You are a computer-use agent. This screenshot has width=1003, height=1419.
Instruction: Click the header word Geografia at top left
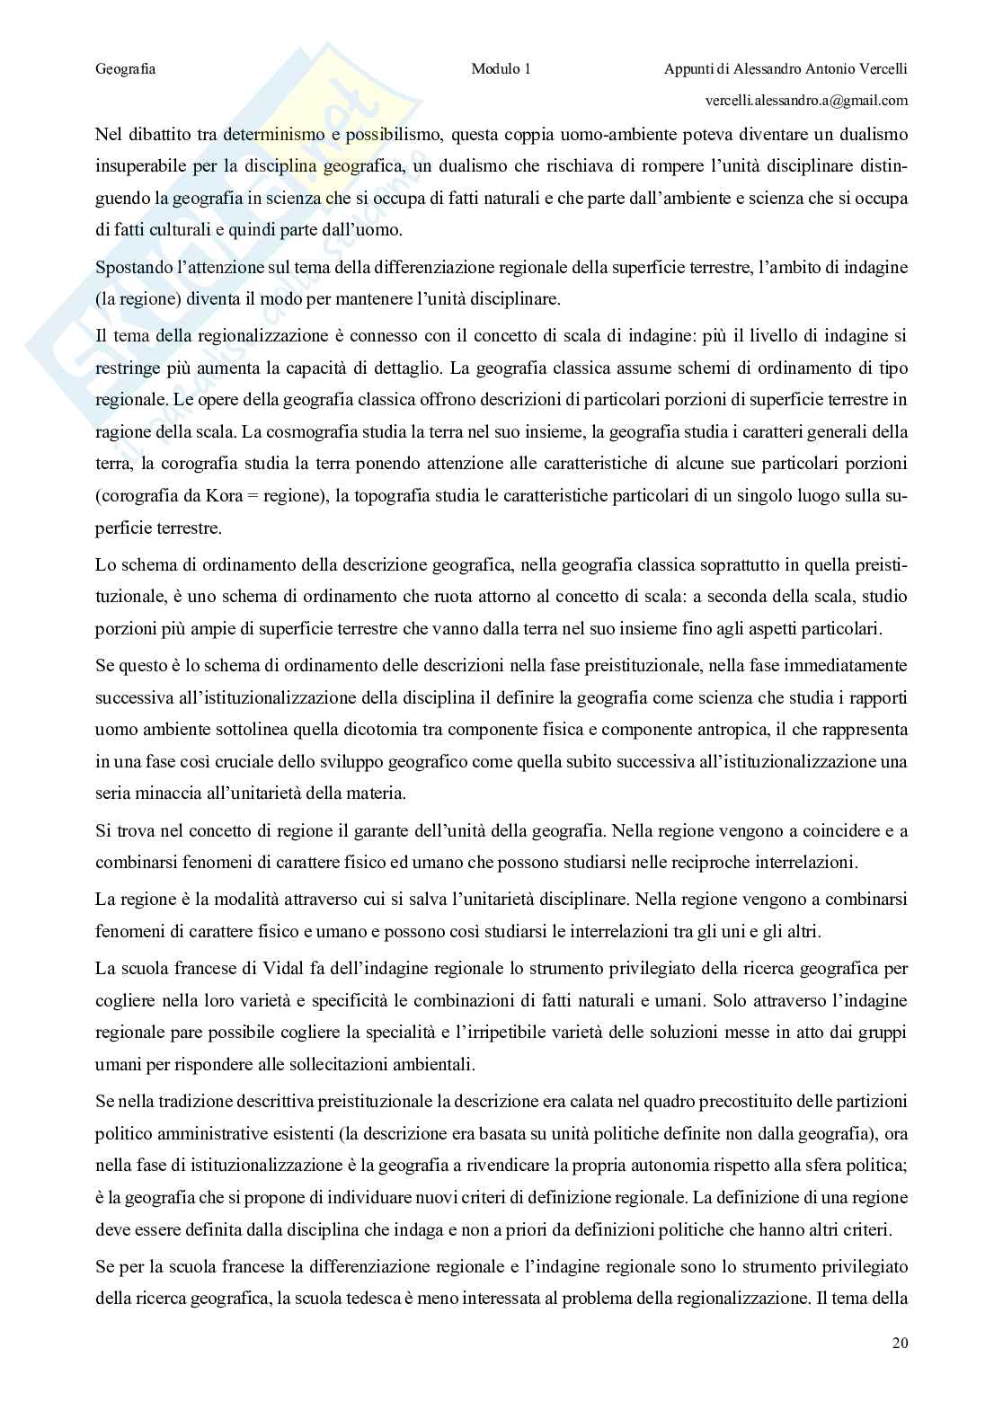tap(125, 69)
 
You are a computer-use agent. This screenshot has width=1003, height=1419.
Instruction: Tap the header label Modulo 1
tap(501, 69)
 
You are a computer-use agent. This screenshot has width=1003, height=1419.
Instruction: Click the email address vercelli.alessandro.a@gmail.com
tap(806, 101)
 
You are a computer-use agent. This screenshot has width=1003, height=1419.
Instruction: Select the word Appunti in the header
tap(688, 69)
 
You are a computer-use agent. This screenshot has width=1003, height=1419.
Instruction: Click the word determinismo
tap(250, 135)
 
